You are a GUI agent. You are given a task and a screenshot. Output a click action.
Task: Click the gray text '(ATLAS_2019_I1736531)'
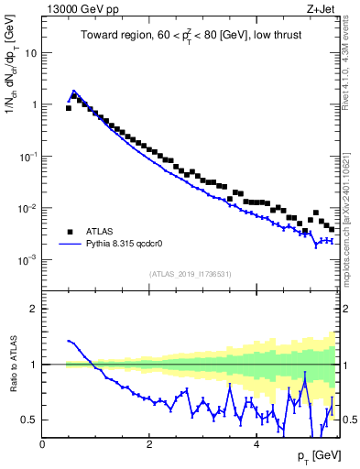pyautogui.click(x=191, y=274)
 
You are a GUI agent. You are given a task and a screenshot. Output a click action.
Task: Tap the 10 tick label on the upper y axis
pyautogui.click(x=30, y=52)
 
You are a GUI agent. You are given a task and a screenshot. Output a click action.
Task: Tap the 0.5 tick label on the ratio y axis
pyautogui.click(x=31, y=420)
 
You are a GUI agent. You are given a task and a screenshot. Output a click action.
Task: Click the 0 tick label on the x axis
pyautogui.click(x=42, y=444)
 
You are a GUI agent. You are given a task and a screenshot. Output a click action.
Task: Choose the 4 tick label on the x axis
pyautogui.click(x=256, y=444)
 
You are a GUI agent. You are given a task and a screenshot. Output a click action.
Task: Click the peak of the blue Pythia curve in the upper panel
pyautogui.click(x=73, y=92)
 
